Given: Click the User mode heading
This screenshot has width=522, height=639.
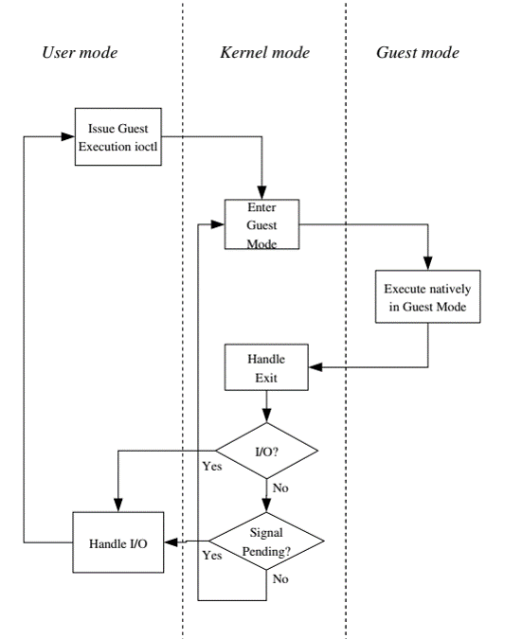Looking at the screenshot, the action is pyautogui.click(x=80, y=53).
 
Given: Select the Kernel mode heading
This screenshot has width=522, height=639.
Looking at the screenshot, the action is pyautogui.click(x=265, y=53).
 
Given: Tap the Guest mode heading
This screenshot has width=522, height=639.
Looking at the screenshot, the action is pyautogui.click(x=418, y=53).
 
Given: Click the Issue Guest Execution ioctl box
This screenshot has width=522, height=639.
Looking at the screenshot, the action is pyautogui.click(x=118, y=137).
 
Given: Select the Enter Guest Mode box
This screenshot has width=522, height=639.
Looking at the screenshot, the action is pyautogui.click(x=261, y=224).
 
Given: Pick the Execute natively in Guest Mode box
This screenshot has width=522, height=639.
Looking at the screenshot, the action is pyautogui.click(x=428, y=296).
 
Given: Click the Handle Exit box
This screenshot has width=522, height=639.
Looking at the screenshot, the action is pyautogui.click(x=267, y=367).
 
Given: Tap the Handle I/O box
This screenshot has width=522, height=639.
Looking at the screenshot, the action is pyautogui.click(x=118, y=542).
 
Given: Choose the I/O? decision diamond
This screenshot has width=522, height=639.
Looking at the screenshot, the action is pyautogui.click(x=267, y=451).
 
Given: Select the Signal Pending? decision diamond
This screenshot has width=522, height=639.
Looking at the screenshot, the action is pyautogui.click(x=267, y=541).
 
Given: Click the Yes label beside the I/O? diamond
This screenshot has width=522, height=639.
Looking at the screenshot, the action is pyautogui.click(x=212, y=466).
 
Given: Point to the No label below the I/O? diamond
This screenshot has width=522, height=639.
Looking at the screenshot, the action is pyautogui.click(x=280, y=488).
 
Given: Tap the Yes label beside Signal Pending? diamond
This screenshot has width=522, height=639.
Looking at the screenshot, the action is pyautogui.click(x=212, y=556).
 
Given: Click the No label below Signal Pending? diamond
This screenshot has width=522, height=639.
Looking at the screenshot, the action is pyautogui.click(x=280, y=578).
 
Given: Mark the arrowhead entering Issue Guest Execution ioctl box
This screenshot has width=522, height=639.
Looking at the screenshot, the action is pyautogui.click(x=68, y=136).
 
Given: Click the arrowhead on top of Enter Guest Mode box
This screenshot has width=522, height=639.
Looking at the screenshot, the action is pyautogui.click(x=261, y=193).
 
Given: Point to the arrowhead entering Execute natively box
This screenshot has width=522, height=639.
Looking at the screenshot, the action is pyautogui.click(x=428, y=263).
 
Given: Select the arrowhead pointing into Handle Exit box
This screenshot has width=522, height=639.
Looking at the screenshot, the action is pyautogui.click(x=315, y=367).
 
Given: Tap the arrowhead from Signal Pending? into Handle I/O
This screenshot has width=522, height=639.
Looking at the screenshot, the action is pyautogui.click(x=171, y=542).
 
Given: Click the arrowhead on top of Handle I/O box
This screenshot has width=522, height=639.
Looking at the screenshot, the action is pyautogui.click(x=118, y=506).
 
